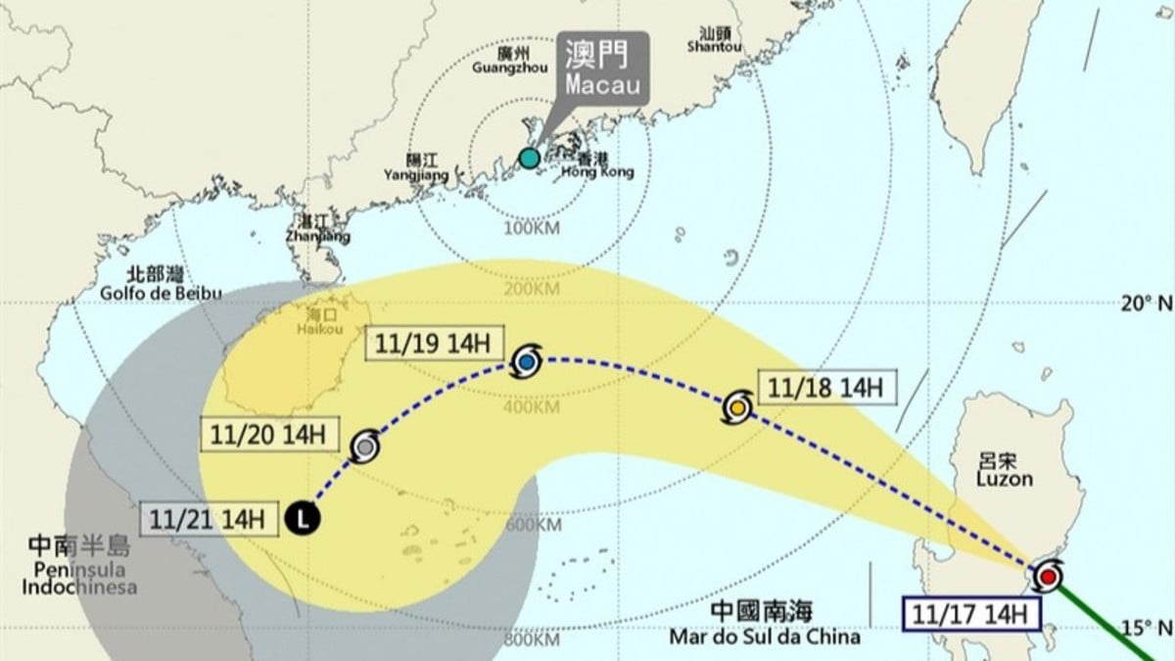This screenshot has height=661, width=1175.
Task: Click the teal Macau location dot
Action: (x=529, y=159)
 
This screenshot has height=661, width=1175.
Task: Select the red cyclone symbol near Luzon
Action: (x=1048, y=577)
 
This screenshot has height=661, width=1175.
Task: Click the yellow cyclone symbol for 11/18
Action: (x=738, y=406)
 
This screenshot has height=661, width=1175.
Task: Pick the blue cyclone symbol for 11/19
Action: (x=526, y=363)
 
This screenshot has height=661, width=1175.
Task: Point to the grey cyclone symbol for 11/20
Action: (x=365, y=447)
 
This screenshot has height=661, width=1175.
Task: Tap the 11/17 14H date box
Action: (x=971, y=615)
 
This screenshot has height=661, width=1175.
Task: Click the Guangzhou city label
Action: (x=506, y=61)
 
